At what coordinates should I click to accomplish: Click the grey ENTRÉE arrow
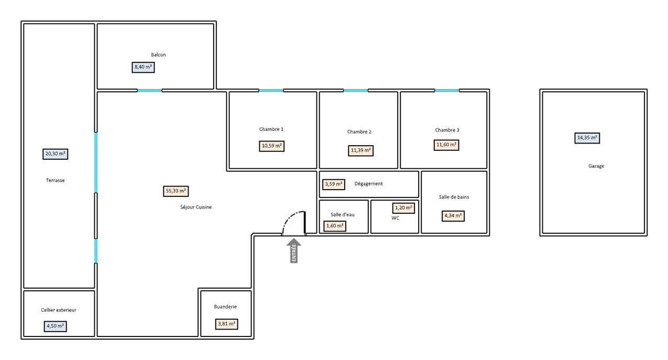(294, 250)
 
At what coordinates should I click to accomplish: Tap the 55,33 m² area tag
(176, 191)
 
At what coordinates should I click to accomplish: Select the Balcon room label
(158, 55)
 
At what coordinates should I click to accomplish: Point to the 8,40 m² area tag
(143, 68)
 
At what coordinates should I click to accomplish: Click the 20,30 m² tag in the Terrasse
(55, 154)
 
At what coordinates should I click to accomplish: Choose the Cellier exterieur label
(59, 310)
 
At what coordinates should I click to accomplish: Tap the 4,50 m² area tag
(55, 326)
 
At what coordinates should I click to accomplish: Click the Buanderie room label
(225, 307)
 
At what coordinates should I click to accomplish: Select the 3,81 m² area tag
(227, 324)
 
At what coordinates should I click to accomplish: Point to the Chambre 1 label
(271, 129)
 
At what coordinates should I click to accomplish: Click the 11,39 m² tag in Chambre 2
(360, 150)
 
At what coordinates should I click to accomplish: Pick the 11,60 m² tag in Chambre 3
(446, 145)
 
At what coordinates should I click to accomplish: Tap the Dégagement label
(368, 184)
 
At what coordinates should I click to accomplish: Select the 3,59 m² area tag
(334, 184)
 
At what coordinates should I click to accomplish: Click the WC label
(395, 218)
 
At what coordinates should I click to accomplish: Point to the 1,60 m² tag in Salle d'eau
(335, 226)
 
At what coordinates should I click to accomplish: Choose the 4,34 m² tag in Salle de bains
(453, 216)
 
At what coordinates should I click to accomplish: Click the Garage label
(596, 166)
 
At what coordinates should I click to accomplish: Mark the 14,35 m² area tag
(587, 138)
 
